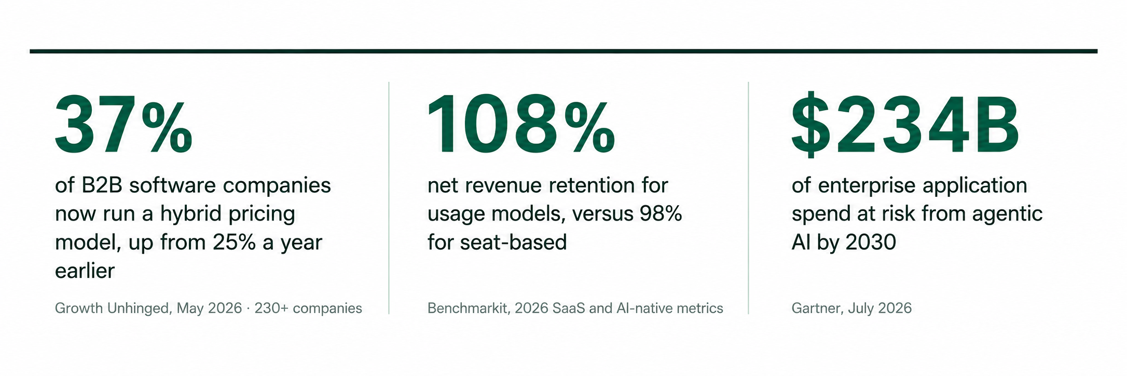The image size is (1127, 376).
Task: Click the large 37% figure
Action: tap(123, 125)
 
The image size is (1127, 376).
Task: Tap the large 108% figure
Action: tap(521, 125)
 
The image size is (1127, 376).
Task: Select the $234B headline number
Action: tap(905, 125)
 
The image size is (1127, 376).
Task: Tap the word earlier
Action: tap(85, 271)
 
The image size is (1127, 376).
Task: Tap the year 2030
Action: tap(870, 243)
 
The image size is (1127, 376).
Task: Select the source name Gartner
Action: tap(817, 308)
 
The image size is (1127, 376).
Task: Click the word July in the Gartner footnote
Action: tap(861, 309)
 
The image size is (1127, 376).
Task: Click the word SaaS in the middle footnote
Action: tap(569, 308)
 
